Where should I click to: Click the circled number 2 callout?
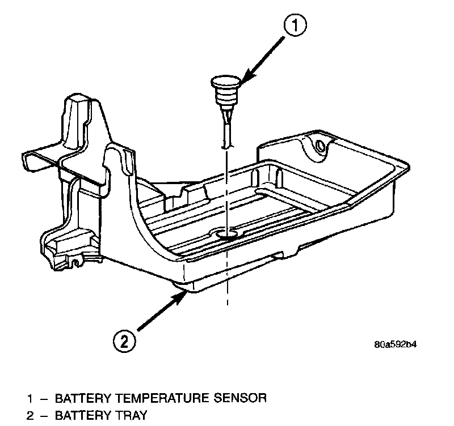click(125, 341)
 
